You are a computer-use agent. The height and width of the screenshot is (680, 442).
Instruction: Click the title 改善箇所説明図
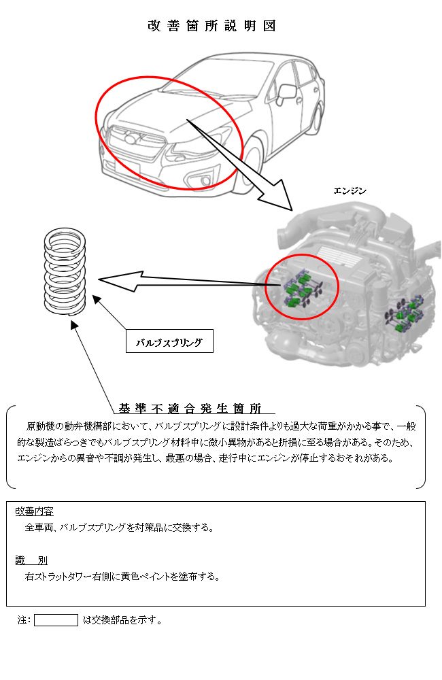211,26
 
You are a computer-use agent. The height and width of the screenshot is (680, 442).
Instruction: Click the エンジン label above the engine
350,191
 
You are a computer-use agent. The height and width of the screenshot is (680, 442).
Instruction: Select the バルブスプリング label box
169,341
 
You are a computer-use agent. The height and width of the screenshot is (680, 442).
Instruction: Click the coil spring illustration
65,271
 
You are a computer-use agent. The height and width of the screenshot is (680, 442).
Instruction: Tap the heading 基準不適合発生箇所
190,409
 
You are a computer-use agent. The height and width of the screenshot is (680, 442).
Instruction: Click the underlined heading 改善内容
34,511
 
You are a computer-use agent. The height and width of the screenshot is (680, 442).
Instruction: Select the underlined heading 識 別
31,560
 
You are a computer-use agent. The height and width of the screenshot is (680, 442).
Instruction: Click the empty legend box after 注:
56,619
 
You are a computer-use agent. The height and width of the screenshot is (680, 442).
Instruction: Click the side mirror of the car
286,92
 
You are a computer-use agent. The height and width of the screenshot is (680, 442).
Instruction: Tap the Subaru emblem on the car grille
130,139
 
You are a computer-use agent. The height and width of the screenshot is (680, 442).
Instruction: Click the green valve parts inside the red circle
302,288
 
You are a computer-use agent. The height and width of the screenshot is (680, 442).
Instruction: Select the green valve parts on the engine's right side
405,312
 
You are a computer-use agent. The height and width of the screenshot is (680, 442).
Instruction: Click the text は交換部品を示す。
122,620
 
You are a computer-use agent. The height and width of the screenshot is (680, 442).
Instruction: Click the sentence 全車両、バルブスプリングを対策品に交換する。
119,528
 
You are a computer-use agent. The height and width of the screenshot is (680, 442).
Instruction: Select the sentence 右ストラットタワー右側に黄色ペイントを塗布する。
122,577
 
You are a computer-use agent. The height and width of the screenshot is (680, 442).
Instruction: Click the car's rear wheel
316,117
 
